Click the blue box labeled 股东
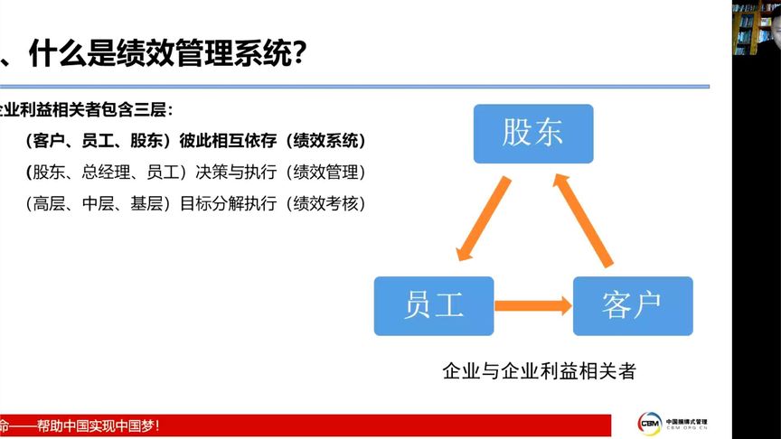(533, 134)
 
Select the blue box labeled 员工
(434, 306)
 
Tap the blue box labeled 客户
(633, 306)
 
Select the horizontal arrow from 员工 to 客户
(533, 306)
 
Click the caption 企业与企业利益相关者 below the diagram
(538, 371)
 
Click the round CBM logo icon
(649, 423)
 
